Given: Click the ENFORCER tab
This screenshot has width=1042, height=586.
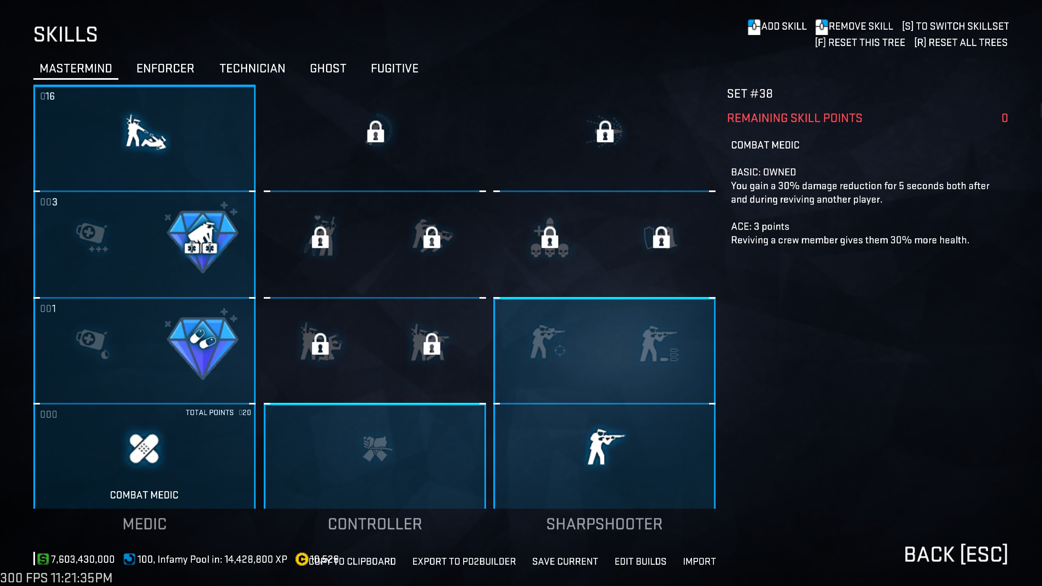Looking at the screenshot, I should pos(165,68).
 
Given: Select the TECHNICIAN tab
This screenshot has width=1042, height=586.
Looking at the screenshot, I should pos(252,68).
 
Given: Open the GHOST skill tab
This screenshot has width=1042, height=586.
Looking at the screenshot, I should pos(328,68).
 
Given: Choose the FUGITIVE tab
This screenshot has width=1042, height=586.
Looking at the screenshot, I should pos(394,68).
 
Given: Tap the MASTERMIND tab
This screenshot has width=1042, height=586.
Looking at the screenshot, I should pos(76,68).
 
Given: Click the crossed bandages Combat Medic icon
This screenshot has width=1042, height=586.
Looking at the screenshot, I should pos(144,448).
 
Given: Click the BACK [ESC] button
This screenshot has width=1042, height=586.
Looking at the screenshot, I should pos(956,554).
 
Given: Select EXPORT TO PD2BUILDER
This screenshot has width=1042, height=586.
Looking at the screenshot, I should pos(464,562).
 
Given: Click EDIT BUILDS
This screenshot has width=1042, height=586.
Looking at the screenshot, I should pos(640,562).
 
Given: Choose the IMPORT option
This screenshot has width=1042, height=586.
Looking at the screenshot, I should pos(699,562).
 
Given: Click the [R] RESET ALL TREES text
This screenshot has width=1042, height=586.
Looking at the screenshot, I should pos(961,43).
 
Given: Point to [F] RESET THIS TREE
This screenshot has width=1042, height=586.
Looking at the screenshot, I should pos(860,43).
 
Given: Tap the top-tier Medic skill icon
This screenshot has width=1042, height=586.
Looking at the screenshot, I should pos(145,132).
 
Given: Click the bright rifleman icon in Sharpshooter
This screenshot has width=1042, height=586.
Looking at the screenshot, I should pos(604,447).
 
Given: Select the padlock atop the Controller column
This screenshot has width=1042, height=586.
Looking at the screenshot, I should pos(375,132).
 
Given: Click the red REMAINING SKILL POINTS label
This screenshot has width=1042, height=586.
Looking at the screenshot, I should pos(795,118).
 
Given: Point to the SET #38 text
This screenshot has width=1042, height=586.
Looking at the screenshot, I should pos(750,94).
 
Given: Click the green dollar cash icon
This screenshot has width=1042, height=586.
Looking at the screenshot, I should pos(43,559).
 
